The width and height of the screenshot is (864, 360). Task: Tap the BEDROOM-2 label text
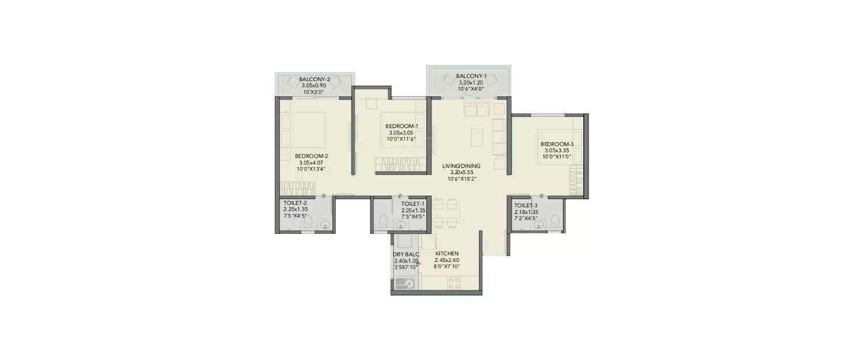311,156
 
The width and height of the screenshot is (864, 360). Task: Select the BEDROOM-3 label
556,144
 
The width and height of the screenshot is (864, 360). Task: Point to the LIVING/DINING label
461,166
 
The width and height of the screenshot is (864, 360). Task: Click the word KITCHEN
446,253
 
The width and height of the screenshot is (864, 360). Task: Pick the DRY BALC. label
406,254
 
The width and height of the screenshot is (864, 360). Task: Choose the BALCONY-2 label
314,79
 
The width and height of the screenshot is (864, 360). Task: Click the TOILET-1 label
413,204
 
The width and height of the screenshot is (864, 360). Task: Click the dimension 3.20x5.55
461,172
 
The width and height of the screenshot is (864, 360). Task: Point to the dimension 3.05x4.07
311,162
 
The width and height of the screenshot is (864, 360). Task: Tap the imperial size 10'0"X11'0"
556,157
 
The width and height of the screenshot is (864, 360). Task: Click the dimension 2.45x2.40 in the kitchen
446,260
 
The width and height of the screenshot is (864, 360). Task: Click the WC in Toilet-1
384,219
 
